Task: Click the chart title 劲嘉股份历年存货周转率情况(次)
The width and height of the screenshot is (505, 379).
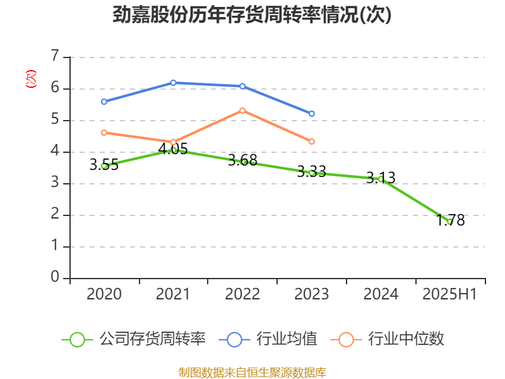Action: pyautogui.click(x=252, y=15)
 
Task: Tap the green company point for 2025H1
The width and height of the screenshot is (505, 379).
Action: pyautogui.click(x=450, y=222)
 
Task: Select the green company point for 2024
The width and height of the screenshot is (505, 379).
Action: pyautogui.click(x=381, y=179)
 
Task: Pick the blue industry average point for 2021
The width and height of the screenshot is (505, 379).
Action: pyautogui.click(x=173, y=83)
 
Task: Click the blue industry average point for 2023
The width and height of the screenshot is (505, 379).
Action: pyautogui.click(x=312, y=114)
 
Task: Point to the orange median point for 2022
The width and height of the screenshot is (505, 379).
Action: pyautogui.click(x=242, y=111)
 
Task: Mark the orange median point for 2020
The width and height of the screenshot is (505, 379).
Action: pyautogui.click(x=104, y=133)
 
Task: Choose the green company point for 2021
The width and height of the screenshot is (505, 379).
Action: pyautogui.click(x=174, y=150)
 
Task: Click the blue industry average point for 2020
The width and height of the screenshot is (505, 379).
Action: pyautogui.click(x=104, y=102)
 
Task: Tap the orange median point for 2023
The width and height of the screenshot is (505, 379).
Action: pyautogui.click(x=312, y=141)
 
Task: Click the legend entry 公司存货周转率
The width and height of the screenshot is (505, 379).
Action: pyautogui.click(x=134, y=339)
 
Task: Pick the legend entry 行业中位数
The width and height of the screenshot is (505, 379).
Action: pyautogui.click(x=391, y=339)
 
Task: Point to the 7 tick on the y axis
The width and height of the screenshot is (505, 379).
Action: pyautogui.click(x=55, y=57)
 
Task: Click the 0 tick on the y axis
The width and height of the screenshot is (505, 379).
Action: pyautogui.click(x=55, y=278)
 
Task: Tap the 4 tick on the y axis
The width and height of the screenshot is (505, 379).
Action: pyautogui.click(x=55, y=152)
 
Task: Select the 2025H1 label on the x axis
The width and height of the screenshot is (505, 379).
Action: pyautogui.click(x=449, y=294)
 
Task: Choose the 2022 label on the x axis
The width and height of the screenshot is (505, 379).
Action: pyautogui.click(x=242, y=294)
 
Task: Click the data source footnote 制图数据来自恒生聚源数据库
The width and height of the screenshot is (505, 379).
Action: pyautogui.click(x=252, y=372)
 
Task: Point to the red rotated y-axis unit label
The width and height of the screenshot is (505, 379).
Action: pyautogui.click(x=30, y=79)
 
